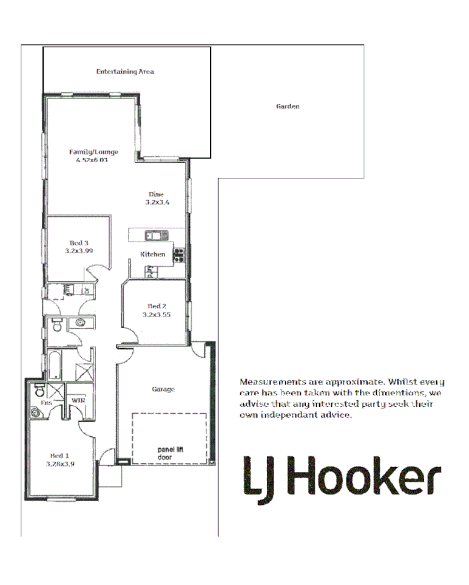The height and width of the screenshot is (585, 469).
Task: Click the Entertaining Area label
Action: (125, 72)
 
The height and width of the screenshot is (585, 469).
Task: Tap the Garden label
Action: (288, 106)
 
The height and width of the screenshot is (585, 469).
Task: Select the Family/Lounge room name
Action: (93, 152)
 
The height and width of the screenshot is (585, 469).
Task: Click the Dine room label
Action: (156, 194)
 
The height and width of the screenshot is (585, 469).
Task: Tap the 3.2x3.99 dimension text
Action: (79, 250)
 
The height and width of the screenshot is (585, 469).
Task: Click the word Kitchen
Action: (152, 254)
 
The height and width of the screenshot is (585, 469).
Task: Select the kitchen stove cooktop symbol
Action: (178, 255)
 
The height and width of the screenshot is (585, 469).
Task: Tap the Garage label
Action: (163, 389)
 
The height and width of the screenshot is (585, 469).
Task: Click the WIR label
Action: (78, 401)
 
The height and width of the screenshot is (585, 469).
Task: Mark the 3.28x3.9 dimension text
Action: (60, 464)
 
